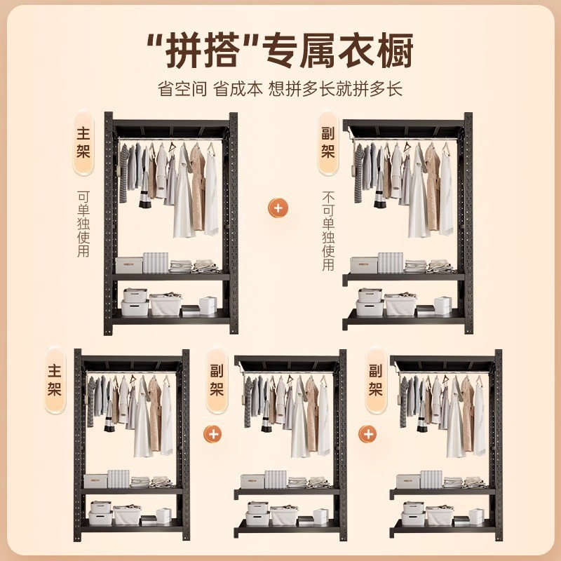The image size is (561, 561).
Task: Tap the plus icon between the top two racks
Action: click(x=279, y=208)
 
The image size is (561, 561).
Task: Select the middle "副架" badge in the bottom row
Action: click(x=217, y=380)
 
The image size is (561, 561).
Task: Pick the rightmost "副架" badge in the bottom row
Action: click(x=376, y=380)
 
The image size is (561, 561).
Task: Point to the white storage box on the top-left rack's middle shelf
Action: click(x=129, y=265)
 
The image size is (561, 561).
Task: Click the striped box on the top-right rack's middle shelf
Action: click(x=390, y=262)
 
